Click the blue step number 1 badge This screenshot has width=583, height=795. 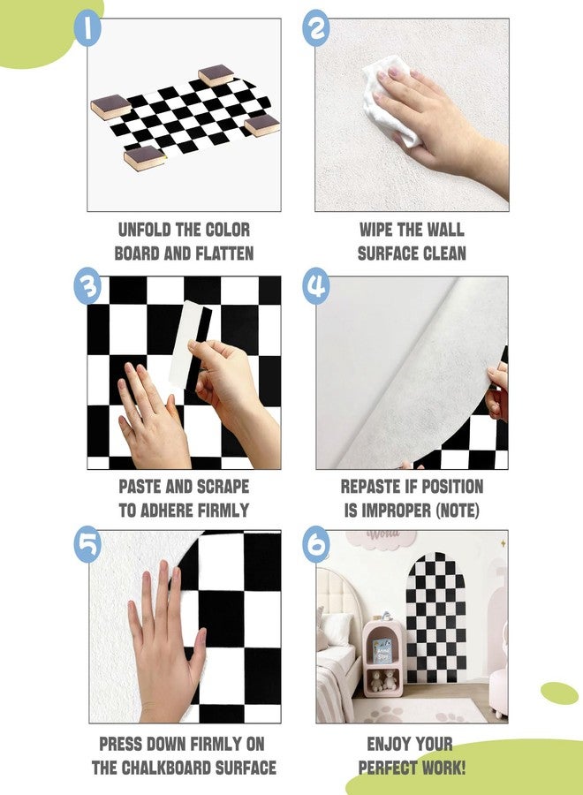(x=87, y=28)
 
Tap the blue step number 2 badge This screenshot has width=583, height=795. (x=316, y=28)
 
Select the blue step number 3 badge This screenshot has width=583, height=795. (x=87, y=285)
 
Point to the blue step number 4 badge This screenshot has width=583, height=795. (x=316, y=285)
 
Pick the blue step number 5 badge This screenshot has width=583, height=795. (x=87, y=543)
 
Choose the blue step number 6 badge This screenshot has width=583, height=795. (x=316, y=543)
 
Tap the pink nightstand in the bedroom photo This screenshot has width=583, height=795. (x=383, y=657)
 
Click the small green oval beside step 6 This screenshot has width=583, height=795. (x=559, y=693)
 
